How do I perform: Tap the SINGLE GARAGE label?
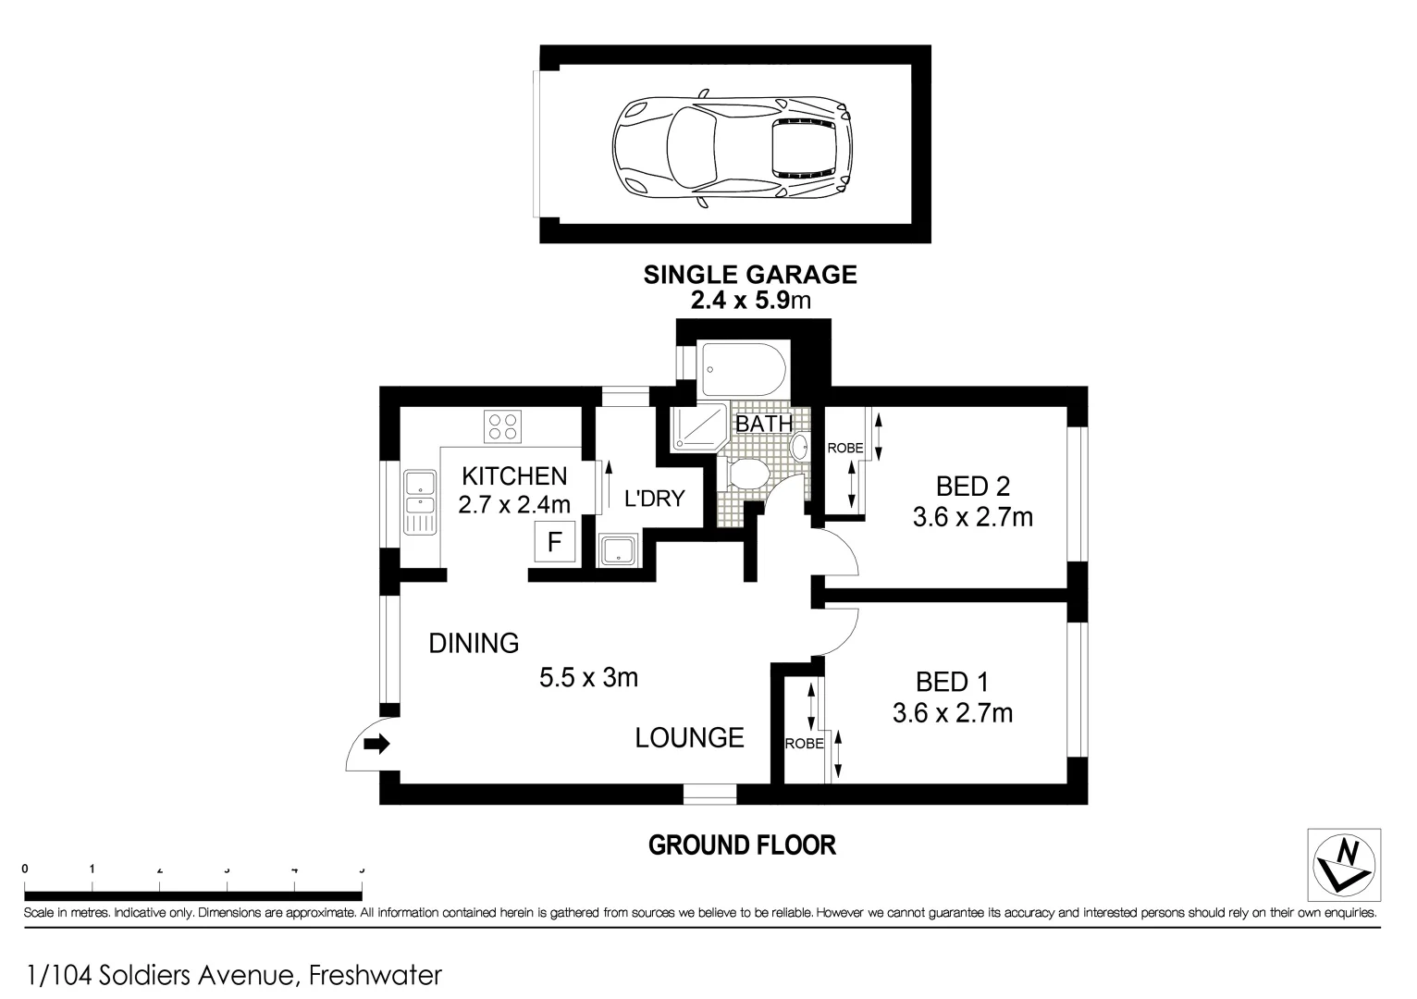tap(750, 275)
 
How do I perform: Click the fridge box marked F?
tap(555, 541)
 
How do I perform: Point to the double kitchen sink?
tap(420, 502)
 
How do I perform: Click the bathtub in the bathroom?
tap(744, 370)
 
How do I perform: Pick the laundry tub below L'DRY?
tap(616, 551)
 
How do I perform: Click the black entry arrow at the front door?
tap(376, 743)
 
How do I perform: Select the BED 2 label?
tap(972, 486)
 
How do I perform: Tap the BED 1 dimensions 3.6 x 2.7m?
tap(952, 713)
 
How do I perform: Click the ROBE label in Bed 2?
tap(844, 449)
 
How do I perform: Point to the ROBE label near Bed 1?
tap(804, 744)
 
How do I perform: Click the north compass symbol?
tap(1344, 866)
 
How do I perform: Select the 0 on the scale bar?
tap(25, 869)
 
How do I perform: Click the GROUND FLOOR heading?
tap(742, 845)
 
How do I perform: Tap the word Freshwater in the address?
tap(376, 975)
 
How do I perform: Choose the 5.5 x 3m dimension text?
tap(588, 678)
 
